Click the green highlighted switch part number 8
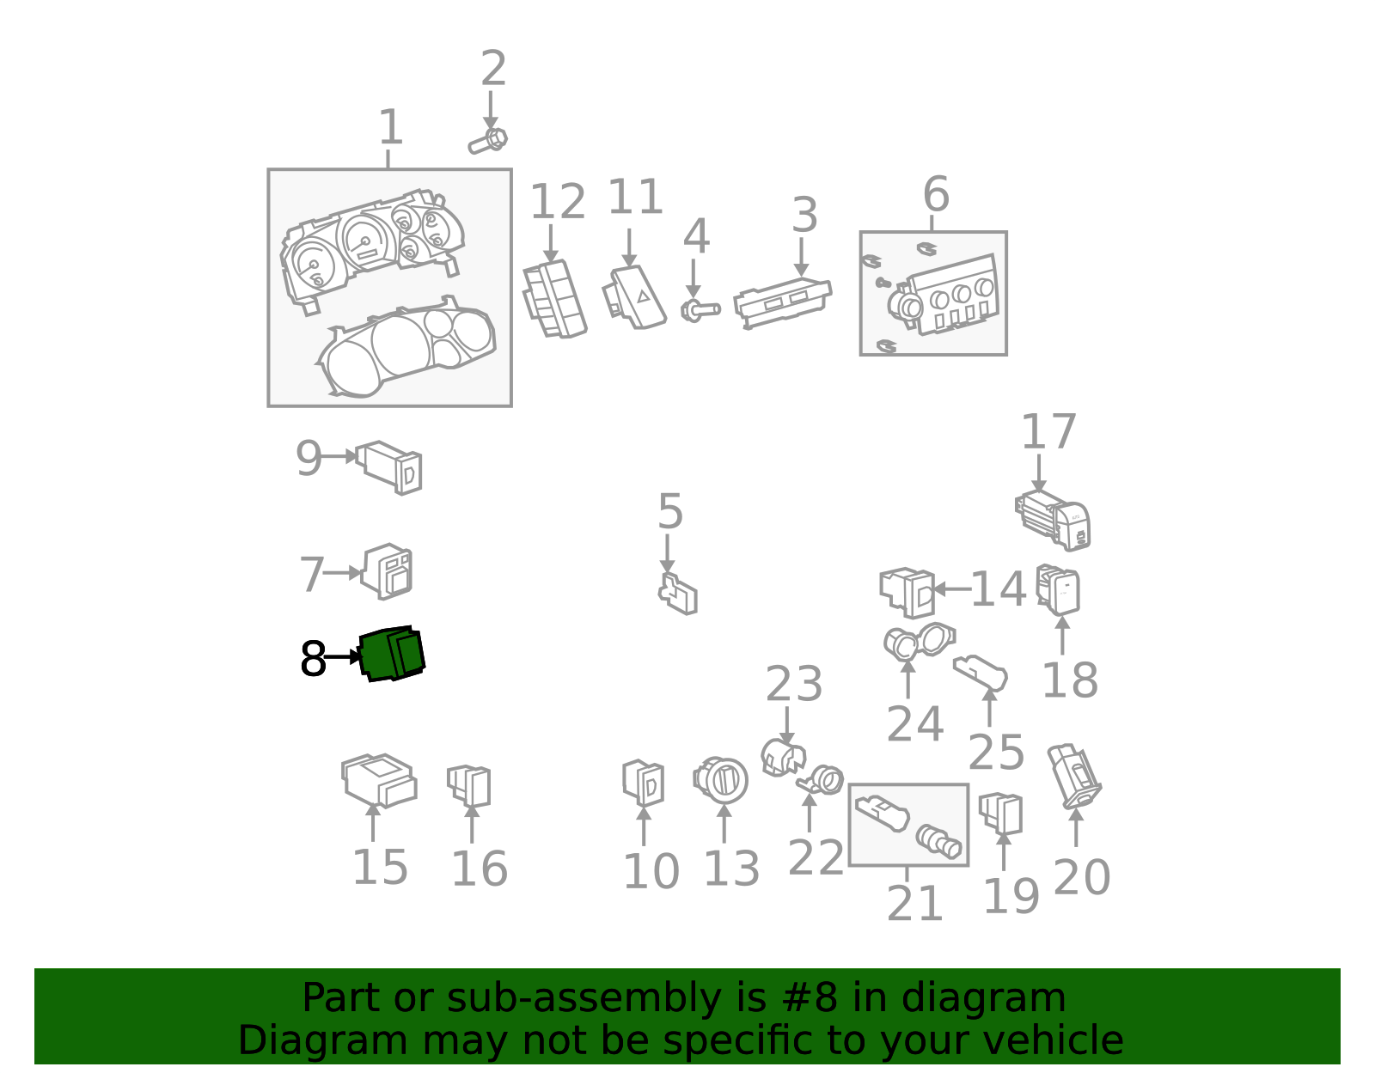click(393, 653)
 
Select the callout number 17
click(1048, 432)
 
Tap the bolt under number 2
click(487, 141)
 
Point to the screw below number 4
click(700, 310)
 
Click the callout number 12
click(558, 202)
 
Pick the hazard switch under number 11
click(634, 297)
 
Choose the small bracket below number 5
click(677, 594)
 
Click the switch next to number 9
click(389, 467)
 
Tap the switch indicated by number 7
click(387, 571)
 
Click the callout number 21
click(914, 904)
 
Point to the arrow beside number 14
click(952, 589)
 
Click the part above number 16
click(469, 787)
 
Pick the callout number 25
click(996, 753)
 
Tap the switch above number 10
click(643, 783)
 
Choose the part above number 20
click(1074, 777)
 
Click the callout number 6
click(936, 194)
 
